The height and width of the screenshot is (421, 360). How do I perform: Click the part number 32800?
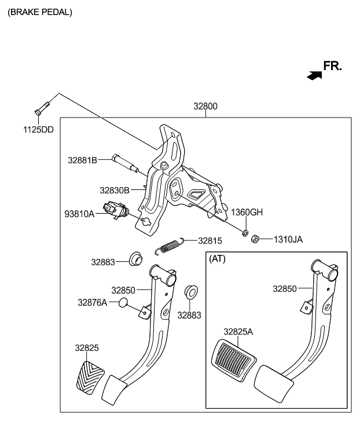[x=205, y=107]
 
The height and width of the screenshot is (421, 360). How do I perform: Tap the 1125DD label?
[x=38, y=130]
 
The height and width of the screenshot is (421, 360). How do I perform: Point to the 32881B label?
[x=82, y=159]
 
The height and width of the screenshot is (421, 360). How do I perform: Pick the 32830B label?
[x=114, y=189]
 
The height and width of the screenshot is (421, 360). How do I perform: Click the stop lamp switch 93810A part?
[x=113, y=210]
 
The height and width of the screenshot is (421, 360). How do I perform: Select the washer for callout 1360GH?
[x=245, y=233]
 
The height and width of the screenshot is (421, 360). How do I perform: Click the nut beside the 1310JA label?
[x=255, y=238]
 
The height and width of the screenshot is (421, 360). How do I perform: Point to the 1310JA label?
[x=288, y=239]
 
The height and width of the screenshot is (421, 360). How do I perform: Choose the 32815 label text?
[x=210, y=240]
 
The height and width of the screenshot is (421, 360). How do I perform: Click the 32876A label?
[x=93, y=302]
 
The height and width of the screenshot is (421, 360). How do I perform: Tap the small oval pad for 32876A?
[x=123, y=303]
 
